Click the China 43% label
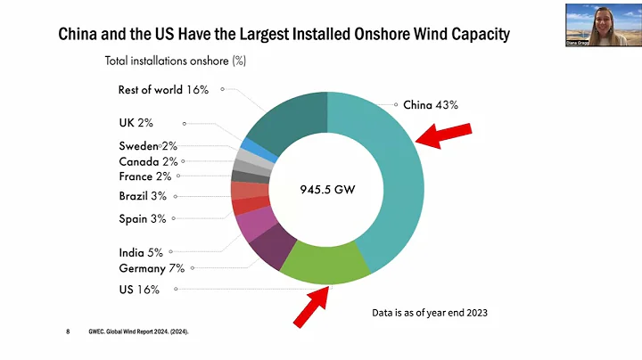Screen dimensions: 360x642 431,105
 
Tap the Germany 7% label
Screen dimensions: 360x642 152,268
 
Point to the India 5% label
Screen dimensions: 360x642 141,252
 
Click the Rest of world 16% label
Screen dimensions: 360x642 163,89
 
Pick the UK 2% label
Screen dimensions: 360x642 136,123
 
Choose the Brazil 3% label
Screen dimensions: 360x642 142,196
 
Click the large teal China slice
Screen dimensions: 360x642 392,178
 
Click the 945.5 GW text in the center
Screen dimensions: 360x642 327,189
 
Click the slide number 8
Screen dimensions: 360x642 68,331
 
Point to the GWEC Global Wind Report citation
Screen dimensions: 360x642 138,331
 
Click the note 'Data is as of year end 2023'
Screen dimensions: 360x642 431,314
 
